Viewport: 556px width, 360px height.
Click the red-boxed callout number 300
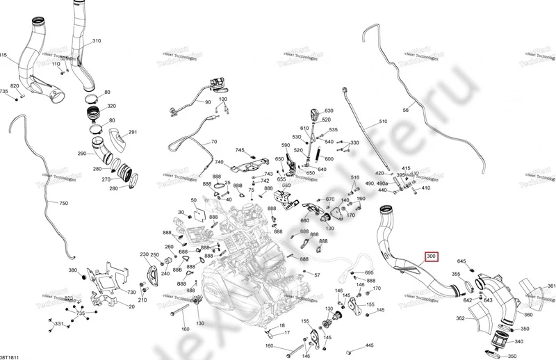coord(432,257)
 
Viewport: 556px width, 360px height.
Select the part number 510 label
coord(382,122)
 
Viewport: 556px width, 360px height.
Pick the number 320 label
coord(111,106)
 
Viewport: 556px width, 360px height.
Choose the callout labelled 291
coord(133,133)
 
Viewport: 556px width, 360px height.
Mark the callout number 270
coord(106,179)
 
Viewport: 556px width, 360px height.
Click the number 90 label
coord(207,102)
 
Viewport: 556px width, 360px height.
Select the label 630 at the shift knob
coord(329,111)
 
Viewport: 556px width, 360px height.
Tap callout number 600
coord(329,158)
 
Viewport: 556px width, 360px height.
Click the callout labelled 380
coord(72,270)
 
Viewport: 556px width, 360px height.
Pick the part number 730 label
coord(131,293)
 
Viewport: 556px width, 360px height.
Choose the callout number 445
coord(369,345)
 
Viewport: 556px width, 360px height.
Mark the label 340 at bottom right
coord(518,341)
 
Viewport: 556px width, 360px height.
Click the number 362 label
coord(460,319)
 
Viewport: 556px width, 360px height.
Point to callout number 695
coord(369,272)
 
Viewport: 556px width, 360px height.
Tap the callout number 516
coord(354,179)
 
